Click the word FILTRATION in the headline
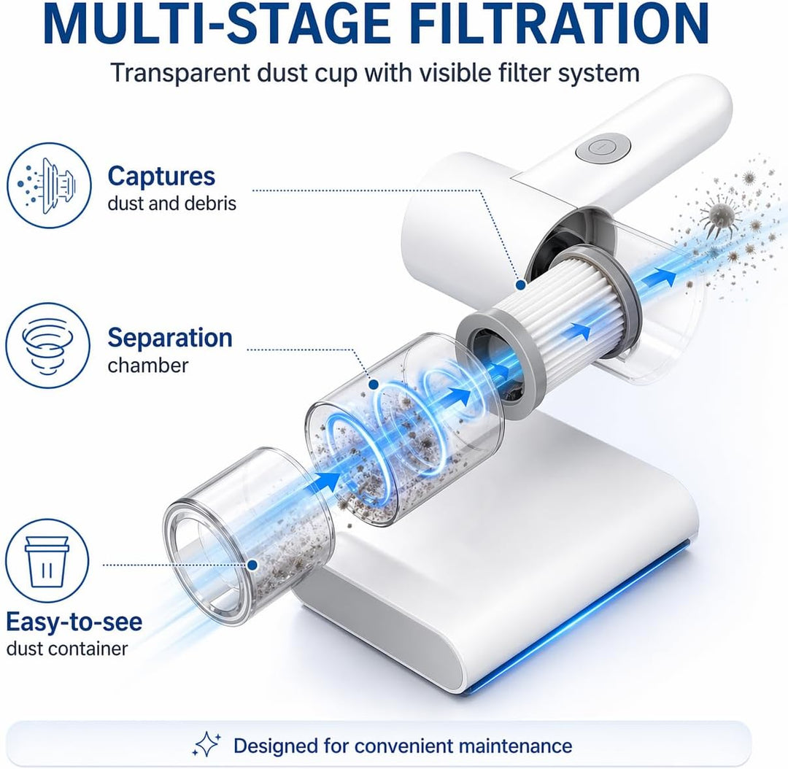pyautogui.click(x=559, y=24)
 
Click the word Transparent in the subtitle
pyautogui.click(x=179, y=74)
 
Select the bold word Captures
pyautogui.click(x=161, y=177)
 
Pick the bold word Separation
pyautogui.click(x=170, y=338)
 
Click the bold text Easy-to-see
pyautogui.click(x=74, y=622)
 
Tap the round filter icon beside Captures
pyautogui.click(x=49, y=185)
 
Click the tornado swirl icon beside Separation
pyautogui.click(x=47, y=345)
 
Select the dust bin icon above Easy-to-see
pyautogui.click(x=47, y=561)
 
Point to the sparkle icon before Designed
pyautogui.click(x=206, y=744)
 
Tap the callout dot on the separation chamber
pyautogui.click(x=374, y=384)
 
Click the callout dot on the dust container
pyautogui.click(x=252, y=565)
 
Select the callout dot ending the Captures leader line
pyautogui.click(x=521, y=285)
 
